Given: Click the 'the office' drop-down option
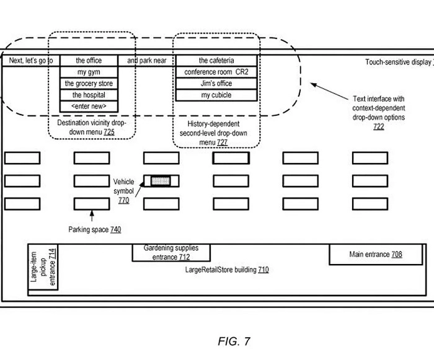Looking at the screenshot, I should point(89,61).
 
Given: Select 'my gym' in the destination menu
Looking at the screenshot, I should point(89,72).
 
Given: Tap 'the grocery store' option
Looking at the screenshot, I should point(89,84).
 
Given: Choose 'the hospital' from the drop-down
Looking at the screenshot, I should point(89,95).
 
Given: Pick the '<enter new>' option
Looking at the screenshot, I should point(89,107).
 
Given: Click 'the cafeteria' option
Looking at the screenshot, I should point(216,61).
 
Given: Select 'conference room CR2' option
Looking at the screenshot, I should point(216,72).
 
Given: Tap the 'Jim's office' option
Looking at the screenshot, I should point(216,84).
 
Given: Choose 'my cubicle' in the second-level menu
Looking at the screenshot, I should point(216,95).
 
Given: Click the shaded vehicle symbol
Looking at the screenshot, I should point(161,180).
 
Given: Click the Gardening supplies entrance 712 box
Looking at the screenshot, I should point(171,253).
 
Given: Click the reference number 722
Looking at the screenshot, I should point(378,126).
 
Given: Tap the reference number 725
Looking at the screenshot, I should point(109,133).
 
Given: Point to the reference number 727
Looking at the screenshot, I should point(221,142).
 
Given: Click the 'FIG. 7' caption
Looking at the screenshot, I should point(234,341).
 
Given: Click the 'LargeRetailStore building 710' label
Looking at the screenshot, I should point(227,270).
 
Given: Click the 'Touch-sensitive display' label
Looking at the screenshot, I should point(397,63).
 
